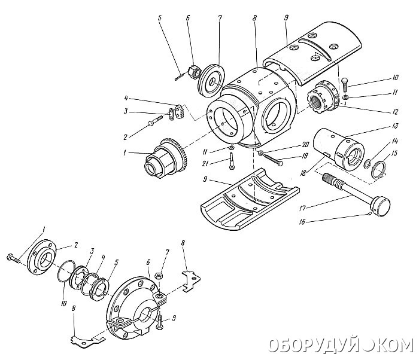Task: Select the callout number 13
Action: (395, 126)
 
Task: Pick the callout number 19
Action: (305, 156)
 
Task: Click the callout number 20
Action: (305, 145)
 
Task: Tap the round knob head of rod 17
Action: (381, 207)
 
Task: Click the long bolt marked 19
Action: (273, 159)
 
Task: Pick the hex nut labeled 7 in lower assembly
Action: (160, 276)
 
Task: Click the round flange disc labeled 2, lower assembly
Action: (45, 257)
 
